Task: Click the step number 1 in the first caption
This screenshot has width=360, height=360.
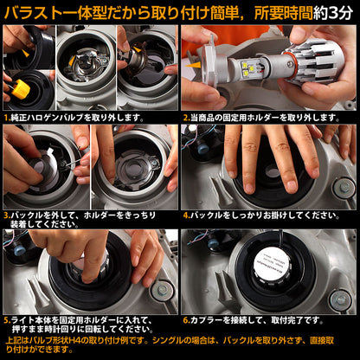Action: click(x=6, y=116)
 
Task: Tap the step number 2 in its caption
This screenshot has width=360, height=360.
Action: click(x=185, y=116)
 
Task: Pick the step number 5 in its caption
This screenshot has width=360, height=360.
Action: click(x=6, y=321)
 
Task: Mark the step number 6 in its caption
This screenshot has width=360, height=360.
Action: click(x=185, y=321)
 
